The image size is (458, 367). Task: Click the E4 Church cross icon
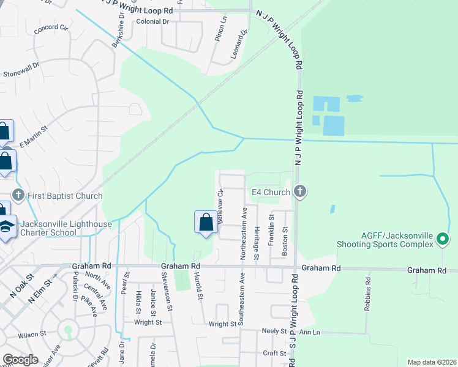[300, 192]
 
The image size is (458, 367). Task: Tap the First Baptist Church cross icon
[18, 196]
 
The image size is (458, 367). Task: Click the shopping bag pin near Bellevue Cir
[206, 222]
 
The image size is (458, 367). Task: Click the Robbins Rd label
[369, 295]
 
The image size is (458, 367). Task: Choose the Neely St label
[274, 331]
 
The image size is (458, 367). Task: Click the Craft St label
[274, 353]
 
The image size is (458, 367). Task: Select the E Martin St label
[32, 136]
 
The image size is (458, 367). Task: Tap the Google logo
[21, 360]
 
